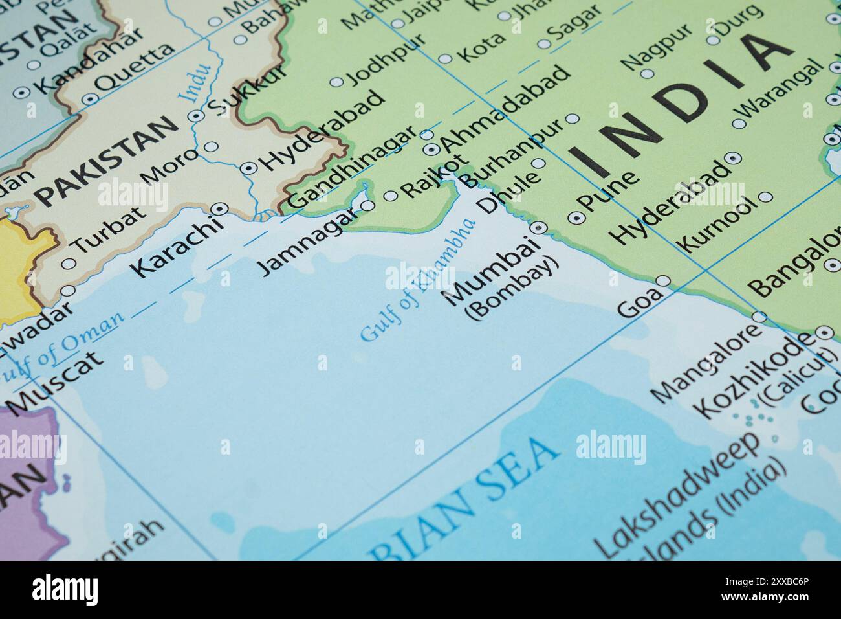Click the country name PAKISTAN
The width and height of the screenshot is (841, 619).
coord(106,161)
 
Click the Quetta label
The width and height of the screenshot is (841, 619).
coord(135,68)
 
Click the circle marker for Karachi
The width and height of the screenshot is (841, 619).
coord(221,208)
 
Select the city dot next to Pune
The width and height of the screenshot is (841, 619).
coord(574,218)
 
